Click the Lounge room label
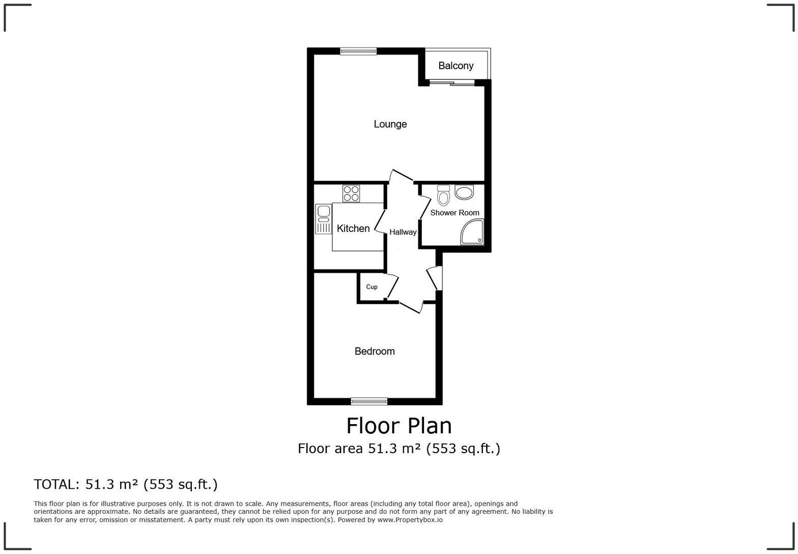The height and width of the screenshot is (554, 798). [x=390, y=124]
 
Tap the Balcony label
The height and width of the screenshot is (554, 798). [x=455, y=66]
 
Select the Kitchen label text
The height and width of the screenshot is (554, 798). [x=353, y=229]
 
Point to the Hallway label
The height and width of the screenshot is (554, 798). [x=403, y=232]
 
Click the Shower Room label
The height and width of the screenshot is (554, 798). [x=454, y=213]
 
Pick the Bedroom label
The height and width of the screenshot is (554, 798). [x=375, y=351]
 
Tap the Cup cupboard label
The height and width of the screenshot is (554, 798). [x=372, y=287]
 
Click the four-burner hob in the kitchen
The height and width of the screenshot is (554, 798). [x=351, y=193]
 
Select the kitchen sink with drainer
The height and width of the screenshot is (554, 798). [x=323, y=218]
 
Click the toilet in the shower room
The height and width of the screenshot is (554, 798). [x=443, y=195]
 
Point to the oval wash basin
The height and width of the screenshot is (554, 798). [x=464, y=192]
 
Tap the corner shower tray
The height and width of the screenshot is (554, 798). [x=472, y=233]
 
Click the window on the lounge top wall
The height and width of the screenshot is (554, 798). [x=358, y=51]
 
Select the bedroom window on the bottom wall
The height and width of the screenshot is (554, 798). [x=369, y=401]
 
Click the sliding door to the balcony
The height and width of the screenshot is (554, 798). [x=452, y=82]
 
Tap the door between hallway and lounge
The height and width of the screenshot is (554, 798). [x=402, y=176]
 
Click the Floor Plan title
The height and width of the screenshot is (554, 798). [x=399, y=426]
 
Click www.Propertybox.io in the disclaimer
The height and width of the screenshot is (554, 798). [x=410, y=520]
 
